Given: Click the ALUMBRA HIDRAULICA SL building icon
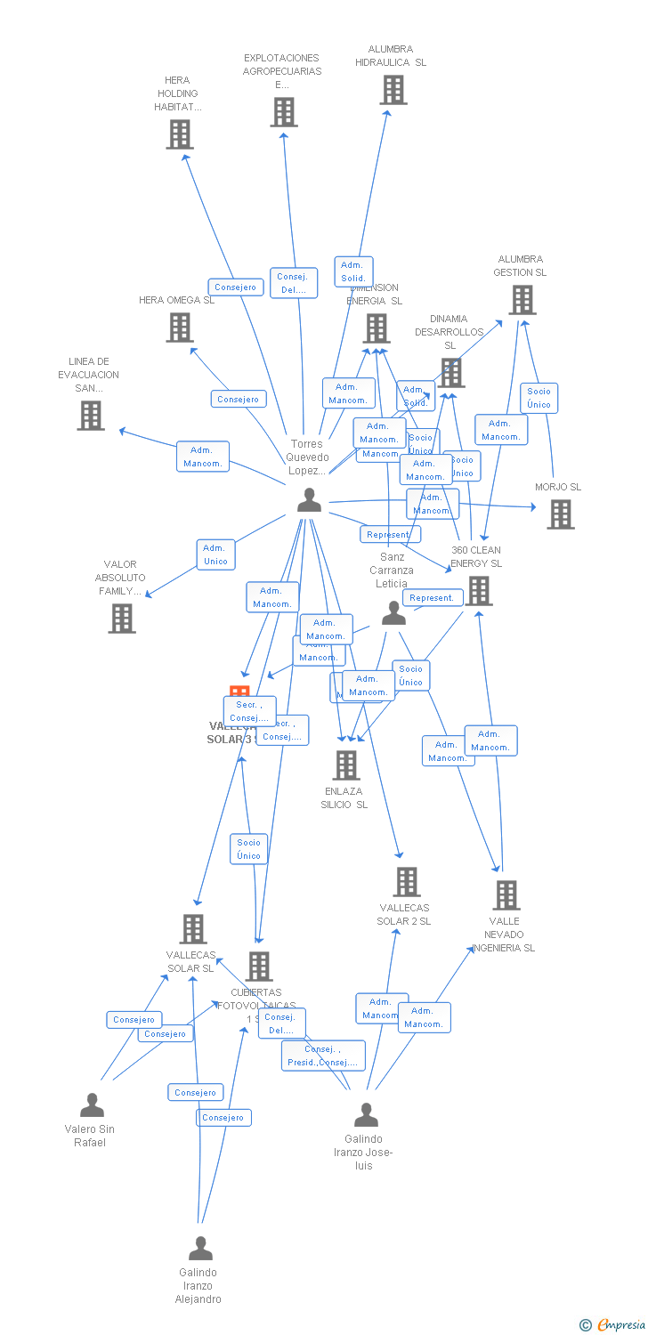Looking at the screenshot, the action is pos(393,90).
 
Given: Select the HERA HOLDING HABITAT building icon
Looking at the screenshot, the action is pos(180,134).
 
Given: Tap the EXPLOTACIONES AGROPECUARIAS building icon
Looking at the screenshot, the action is pos(283,112).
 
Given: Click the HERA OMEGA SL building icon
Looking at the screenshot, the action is pos(180,328).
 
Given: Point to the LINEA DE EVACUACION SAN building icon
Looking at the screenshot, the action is pos(90,415).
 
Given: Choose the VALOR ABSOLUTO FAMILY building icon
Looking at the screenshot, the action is pos(122,618).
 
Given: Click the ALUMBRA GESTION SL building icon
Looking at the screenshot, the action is pos(522,300).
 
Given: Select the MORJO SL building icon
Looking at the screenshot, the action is pos(560,514).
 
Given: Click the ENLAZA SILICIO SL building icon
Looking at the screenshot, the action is pos(346,765).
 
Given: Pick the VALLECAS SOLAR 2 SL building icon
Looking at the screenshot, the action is pos(406,882).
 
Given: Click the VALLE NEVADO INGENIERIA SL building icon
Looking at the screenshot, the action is pos(506,895).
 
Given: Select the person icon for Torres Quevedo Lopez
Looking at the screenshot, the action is pos(309,501).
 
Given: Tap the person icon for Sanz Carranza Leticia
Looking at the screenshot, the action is pos(393,613).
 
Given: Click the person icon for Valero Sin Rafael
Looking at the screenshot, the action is pos(92,1105).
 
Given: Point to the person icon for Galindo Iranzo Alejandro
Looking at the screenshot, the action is pos(200,1249).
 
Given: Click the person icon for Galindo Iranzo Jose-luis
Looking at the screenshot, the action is pos(366,1115).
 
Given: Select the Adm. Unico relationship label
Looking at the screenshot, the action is pos(215,554).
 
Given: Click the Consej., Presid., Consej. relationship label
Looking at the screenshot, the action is pos(323,1056).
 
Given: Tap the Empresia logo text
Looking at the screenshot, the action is pos(620,1325).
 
